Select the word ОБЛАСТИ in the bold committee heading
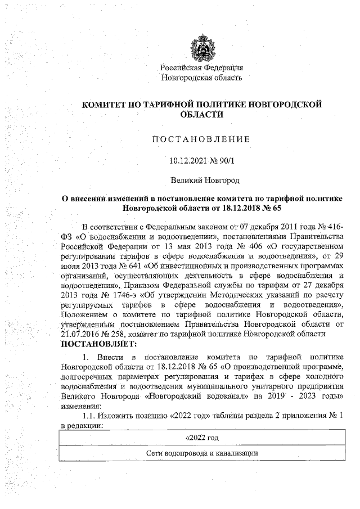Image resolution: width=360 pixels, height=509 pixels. [201, 114]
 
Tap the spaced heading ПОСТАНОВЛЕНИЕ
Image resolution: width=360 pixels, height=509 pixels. [201, 139]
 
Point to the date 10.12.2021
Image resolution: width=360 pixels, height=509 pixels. [185, 160]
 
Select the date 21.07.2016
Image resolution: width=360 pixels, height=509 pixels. [79, 333]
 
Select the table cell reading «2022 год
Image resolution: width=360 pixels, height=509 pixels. [201, 438]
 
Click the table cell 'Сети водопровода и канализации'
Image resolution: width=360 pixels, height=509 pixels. [201, 453]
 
